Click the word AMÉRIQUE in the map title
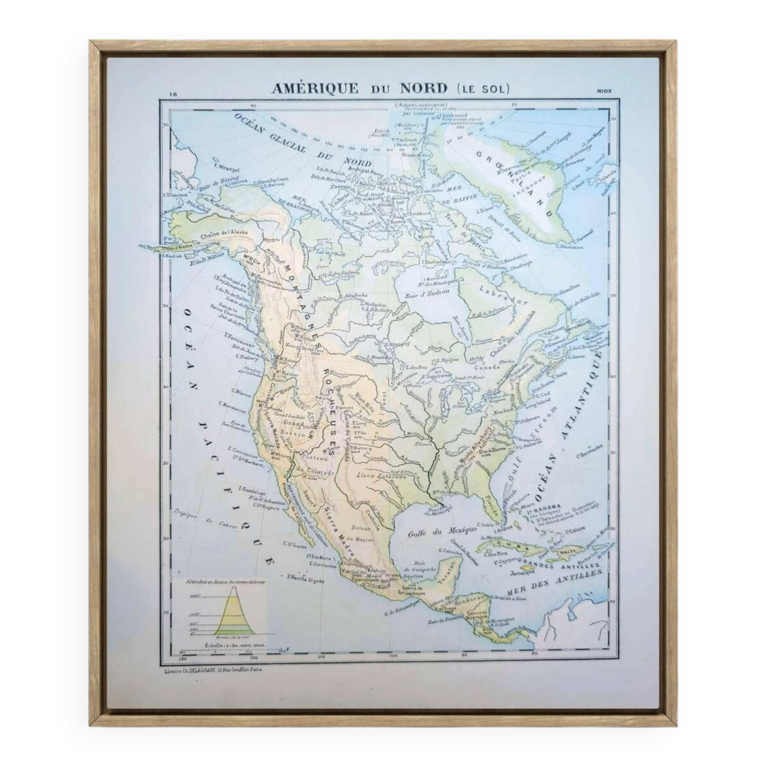coord(315,89)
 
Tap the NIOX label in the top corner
coord(604,91)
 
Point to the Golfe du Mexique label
coord(442,530)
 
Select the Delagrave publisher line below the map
coord(213,669)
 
